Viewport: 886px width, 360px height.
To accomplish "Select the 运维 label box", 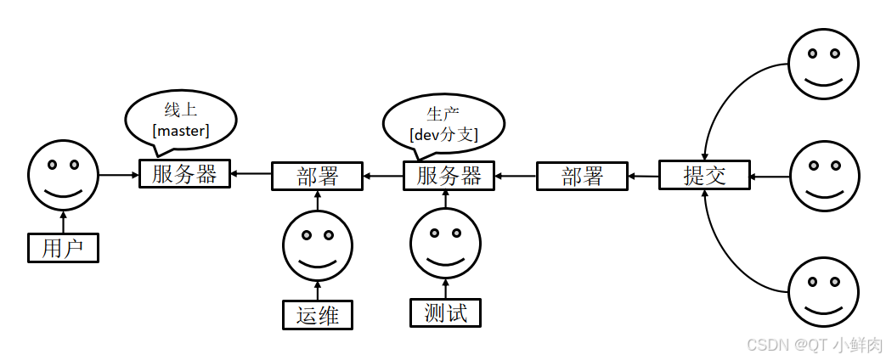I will pyautogui.click(x=318, y=314).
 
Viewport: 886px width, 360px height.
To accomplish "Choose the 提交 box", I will pyautogui.click(x=704, y=176).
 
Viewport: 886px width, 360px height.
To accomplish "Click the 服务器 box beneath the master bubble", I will pyautogui.click(x=184, y=174).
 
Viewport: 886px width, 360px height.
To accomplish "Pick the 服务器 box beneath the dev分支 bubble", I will pyautogui.click(x=449, y=176).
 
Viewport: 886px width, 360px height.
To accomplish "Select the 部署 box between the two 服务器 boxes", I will pyautogui.click(x=317, y=176).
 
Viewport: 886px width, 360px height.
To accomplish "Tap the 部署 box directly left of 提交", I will pyautogui.click(x=582, y=177).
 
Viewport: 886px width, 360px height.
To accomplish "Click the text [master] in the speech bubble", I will pyautogui.click(x=181, y=130).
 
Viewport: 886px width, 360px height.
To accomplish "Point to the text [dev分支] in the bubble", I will pyautogui.click(x=443, y=134).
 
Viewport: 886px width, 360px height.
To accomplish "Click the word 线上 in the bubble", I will pyautogui.click(x=180, y=110).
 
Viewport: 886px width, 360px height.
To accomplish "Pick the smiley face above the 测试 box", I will pyautogui.click(x=446, y=244).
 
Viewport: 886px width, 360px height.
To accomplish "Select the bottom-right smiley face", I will pyautogui.click(x=822, y=291).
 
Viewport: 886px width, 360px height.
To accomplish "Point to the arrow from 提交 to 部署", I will pyautogui.click(x=643, y=177).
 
